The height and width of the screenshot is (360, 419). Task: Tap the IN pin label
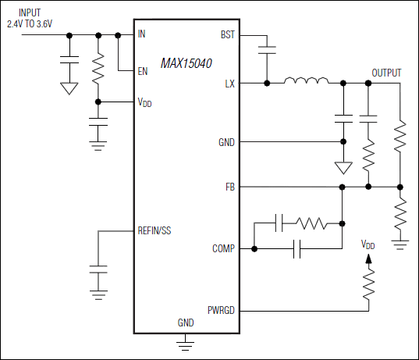[141, 34]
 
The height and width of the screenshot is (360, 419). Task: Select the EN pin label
[142, 71]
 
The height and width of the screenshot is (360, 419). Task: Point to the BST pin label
[228, 35]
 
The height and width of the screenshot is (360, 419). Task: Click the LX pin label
[229, 83]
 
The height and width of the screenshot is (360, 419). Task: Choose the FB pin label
[229, 187]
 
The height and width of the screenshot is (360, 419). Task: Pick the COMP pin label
[223, 249]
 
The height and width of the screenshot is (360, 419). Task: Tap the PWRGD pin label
[220, 310]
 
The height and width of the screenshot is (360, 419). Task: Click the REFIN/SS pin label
[156, 231]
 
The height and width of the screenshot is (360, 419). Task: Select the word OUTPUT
[386, 73]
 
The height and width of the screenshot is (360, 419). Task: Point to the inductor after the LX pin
[305, 81]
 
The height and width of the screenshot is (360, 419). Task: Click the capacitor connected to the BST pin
[267, 49]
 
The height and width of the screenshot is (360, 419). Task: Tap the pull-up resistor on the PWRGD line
[368, 285]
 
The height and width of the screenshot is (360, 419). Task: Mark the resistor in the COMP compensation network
[312, 223]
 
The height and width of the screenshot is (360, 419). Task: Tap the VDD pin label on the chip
[144, 102]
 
